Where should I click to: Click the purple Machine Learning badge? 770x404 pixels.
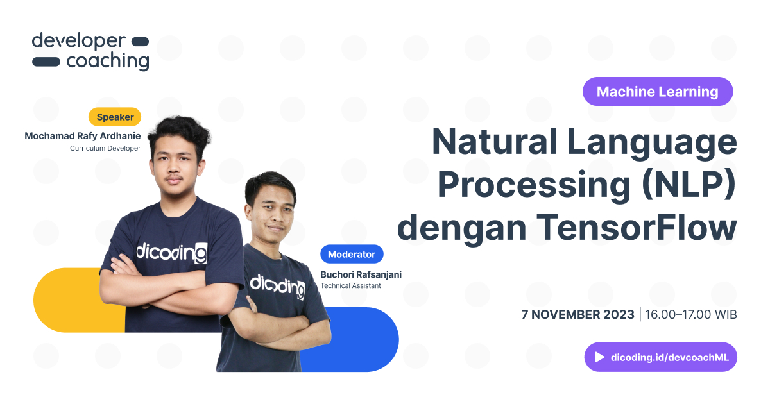(x=657, y=92)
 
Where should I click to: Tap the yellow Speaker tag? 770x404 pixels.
(x=115, y=117)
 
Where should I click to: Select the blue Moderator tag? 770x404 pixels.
(x=351, y=254)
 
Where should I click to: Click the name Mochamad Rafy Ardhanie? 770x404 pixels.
(x=82, y=136)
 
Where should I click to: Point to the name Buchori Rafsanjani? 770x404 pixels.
(x=361, y=274)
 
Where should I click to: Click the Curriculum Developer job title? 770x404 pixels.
(x=105, y=149)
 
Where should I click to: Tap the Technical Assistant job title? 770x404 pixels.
(x=350, y=286)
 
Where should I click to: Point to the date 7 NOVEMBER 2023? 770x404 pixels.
(x=577, y=315)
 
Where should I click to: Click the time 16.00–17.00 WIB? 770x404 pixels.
(x=690, y=315)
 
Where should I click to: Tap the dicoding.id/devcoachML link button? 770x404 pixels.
(x=660, y=357)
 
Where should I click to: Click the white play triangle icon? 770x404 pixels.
(x=600, y=357)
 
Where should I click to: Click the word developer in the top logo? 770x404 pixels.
(x=78, y=42)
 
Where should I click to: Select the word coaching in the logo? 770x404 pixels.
(x=107, y=62)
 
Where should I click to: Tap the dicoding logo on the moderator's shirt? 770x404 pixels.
(x=277, y=286)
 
